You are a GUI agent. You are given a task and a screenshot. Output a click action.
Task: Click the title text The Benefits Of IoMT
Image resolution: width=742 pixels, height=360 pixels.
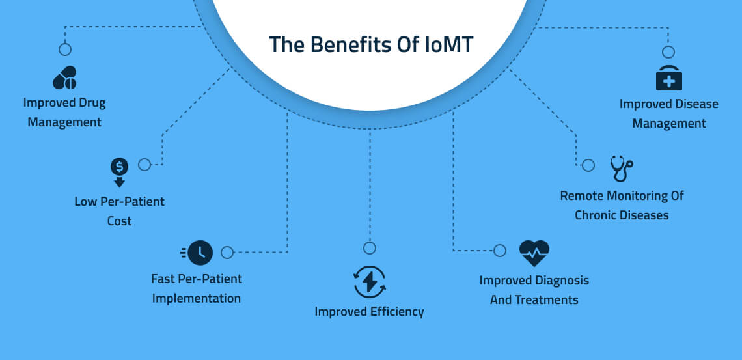pos(371,45)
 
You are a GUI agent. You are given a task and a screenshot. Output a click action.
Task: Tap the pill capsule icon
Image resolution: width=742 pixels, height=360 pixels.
pos(64,78)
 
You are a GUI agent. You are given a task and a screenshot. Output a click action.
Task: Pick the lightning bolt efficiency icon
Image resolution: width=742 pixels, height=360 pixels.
pos(369,281)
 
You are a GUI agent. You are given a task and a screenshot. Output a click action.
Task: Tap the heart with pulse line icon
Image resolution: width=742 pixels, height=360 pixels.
pos(534,253)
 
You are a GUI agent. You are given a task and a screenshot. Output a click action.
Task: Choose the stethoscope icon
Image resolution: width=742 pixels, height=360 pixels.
pos(621,169)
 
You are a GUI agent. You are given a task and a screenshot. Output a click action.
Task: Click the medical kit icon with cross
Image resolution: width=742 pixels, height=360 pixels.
pos(668,79)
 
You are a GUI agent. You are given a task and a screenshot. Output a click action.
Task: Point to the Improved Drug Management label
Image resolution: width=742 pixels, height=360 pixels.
pos(64,112)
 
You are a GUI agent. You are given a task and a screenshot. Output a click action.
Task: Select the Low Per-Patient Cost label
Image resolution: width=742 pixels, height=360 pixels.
pos(119,211)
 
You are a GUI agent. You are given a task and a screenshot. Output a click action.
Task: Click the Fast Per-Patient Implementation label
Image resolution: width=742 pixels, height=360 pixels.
pos(197,288)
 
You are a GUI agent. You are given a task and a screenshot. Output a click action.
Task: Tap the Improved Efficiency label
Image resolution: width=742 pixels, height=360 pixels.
pos(369,312)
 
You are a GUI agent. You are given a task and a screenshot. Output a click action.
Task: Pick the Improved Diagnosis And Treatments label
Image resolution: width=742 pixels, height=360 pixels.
pos(534,290)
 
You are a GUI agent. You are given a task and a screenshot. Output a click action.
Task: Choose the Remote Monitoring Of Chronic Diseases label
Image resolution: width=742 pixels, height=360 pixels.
pos(622,205)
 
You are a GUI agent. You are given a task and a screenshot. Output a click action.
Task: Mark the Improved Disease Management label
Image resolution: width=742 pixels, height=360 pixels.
pos(668,113)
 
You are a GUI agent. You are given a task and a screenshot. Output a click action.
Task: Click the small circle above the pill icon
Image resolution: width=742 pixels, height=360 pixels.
pos(64,49)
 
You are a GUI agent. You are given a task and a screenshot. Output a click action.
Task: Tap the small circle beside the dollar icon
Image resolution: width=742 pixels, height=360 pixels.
pos(144,165)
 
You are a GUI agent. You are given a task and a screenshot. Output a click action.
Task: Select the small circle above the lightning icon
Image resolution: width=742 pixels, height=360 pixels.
pos(369,247)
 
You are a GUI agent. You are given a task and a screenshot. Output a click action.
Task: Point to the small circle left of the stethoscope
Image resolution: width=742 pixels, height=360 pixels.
pos(588,165)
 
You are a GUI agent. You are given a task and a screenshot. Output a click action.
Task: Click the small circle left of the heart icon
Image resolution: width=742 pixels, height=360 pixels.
pos(499,251)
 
